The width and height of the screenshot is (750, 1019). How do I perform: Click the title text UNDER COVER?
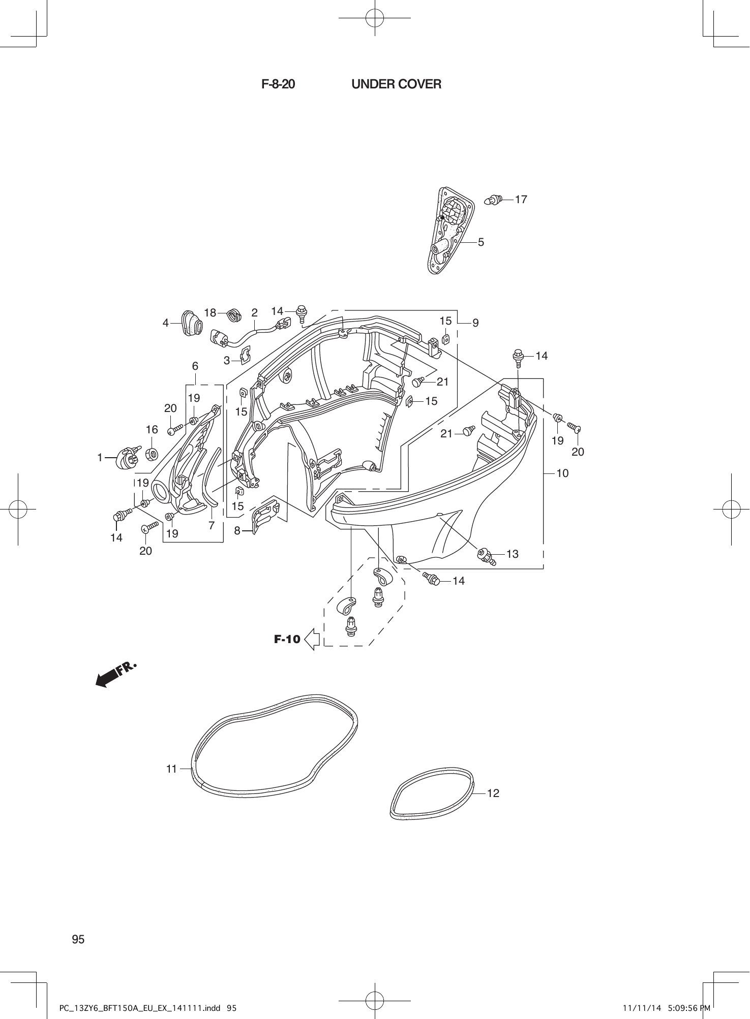396,84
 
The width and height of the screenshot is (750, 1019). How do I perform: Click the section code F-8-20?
278,84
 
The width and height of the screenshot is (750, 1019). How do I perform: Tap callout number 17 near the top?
521,200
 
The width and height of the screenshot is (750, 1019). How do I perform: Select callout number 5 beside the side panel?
481,242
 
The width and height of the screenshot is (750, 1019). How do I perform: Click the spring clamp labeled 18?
234,315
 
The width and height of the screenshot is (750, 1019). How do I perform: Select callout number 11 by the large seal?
171,769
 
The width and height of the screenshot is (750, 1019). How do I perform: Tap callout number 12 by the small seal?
493,793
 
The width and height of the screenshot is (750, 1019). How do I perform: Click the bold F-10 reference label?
287,639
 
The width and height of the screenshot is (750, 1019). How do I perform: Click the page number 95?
78,939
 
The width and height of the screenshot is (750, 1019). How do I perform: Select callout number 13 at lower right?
512,554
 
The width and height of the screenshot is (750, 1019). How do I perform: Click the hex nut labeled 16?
152,454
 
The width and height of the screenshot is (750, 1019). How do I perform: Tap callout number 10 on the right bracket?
562,473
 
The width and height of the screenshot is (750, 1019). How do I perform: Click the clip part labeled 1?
129,457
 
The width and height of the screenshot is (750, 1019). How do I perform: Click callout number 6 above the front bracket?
195,366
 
